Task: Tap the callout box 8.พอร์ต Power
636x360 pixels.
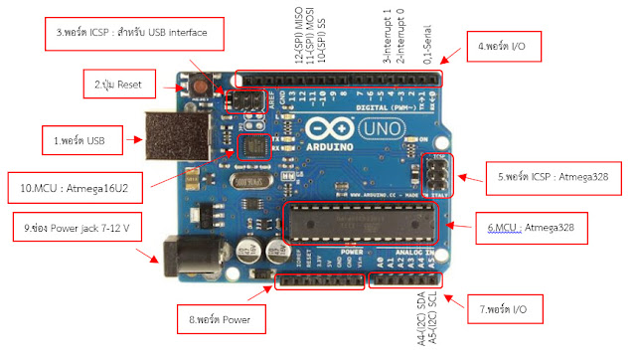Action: pos(225,320)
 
